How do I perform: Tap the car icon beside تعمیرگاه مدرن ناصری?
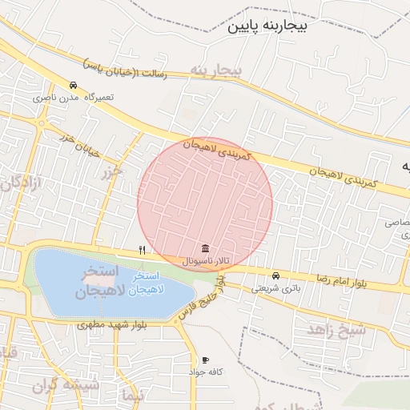pos(73,86)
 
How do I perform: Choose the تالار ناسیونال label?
pos(206,261)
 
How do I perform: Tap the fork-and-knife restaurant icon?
pos(142,250)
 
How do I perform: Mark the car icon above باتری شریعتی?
pos(276,275)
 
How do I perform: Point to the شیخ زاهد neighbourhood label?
pos(336,328)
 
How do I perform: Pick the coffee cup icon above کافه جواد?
pos(206,360)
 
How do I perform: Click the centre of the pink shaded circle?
pos(205,204)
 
